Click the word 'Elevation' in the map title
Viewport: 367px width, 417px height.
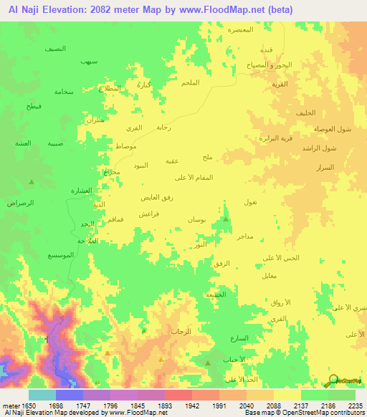click(67, 9)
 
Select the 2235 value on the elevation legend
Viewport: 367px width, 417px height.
click(355, 406)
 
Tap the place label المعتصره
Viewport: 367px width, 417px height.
click(242, 30)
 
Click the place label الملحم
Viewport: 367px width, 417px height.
click(190, 84)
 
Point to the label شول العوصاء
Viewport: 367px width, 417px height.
click(332, 129)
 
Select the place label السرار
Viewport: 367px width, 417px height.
click(325, 167)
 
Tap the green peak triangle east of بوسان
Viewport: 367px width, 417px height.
click(226, 219)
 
